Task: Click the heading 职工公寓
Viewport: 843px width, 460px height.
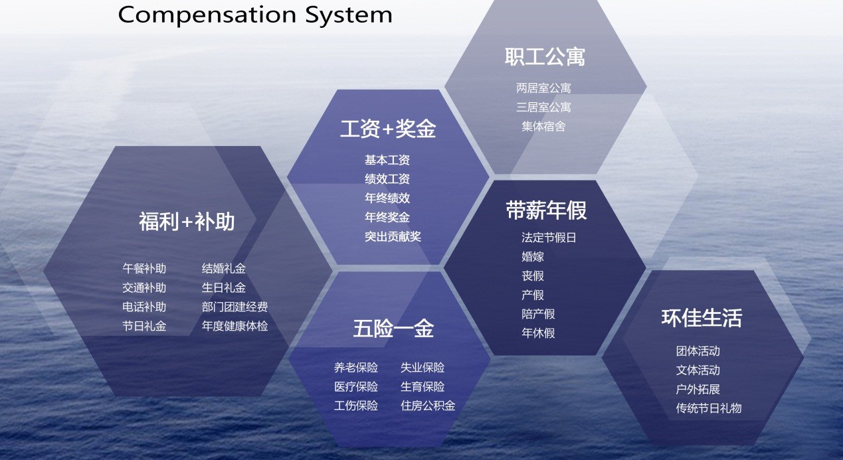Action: pyautogui.click(x=545, y=57)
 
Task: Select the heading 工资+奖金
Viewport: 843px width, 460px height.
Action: pyautogui.click(x=388, y=129)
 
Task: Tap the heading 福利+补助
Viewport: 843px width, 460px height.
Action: pyautogui.click(x=187, y=222)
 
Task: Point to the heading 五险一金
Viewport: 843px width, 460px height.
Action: pyautogui.click(x=393, y=329)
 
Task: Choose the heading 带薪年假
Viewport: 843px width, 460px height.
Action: pyautogui.click(x=546, y=211)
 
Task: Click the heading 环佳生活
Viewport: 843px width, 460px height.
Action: pyautogui.click(x=702, y=318)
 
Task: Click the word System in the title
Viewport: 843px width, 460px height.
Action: pyautogui.click(x=349, y=14)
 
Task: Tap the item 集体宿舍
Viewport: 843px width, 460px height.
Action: pyautogui.click(x=543, y=126)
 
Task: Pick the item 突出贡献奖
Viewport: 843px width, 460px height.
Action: pyautogui.click(x=393, y=236)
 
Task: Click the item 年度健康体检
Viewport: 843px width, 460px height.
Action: pyautogui.click(x=234, y=327)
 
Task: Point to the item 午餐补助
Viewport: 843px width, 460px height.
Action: pyautogui.click(x=144, y=269)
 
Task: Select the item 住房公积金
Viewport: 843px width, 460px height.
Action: pyautogui.click(x=428, y=406)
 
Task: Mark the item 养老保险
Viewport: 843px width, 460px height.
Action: pyautogui.click(x=355, y=368)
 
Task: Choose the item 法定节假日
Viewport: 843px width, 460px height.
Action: pyautogui.click(x=549, y=238)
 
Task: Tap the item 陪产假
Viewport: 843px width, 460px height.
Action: pyautogui.click(x=538, y=314)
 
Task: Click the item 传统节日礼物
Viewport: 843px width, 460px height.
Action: pyautogui.click(x=708, y=408)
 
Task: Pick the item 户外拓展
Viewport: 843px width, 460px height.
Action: pyautogui.click(x=698, y=389)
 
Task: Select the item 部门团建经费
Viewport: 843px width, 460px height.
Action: pyautogui.click(x=234, y=307)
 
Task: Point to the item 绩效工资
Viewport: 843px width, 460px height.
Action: pyautogui.click(x=387, y=179)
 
